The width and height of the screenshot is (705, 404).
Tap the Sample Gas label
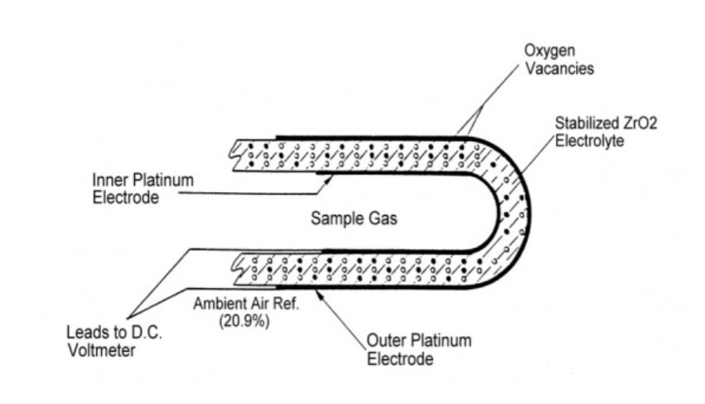point(355,220)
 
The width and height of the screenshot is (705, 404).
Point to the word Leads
point(84,333)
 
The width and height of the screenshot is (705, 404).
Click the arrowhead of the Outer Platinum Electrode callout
point(317,291)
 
